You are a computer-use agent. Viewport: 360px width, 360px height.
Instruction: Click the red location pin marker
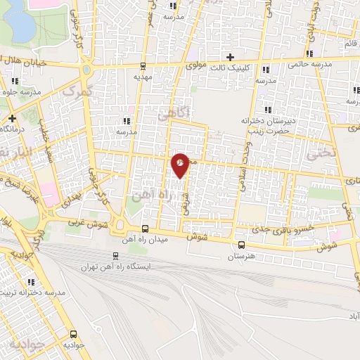pyautogui.click(x=181, y=165)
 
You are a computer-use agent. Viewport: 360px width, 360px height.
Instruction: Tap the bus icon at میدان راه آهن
pyautogui.click(x=145, y=229)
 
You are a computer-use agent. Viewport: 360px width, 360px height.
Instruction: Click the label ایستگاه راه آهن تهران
pyautogui.click(x=116, y=267)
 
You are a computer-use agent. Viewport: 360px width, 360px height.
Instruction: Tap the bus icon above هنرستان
pyautogui.click(x=242, y=245)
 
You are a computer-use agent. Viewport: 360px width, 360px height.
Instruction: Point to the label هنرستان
pyautogui.click(x=242, y=256)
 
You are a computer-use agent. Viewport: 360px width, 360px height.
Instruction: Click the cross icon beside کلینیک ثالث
pyautogui.click(x=229, y=56)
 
